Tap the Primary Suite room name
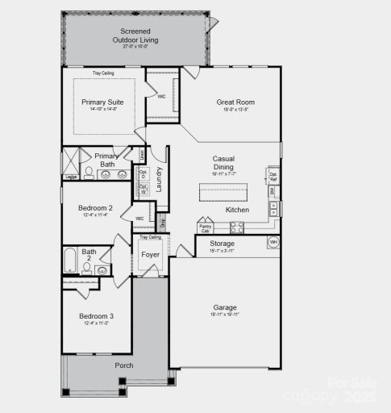[103, 102]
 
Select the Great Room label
[235, 102]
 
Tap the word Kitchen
[237, 210]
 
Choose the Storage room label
[223, 243]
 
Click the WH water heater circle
[273, 242]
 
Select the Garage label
[225, 307]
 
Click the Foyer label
[151, 256]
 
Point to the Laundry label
[160, 178]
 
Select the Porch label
[123, 365]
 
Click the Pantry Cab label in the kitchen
[205, 228]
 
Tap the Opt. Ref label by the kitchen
[273, 175]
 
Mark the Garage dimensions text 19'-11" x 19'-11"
[225, 315]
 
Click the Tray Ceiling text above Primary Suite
[103, 73]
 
